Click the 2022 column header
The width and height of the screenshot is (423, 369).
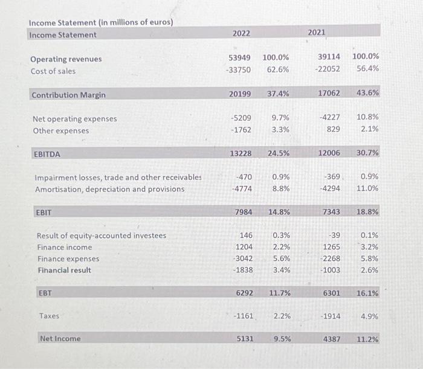pos(241,33)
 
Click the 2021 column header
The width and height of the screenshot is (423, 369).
pos(317,31)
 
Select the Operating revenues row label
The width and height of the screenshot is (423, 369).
pos(66,59)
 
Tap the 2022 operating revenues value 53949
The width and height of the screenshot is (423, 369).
pos(240,57)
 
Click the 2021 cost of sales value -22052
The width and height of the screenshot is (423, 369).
pos(327,69)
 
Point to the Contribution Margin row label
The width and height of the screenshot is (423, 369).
pos(68,95)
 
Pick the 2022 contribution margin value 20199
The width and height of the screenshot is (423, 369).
pos(240,94)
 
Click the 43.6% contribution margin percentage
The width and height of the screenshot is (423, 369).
pos(367,93)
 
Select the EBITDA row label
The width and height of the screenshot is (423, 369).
pos(47,154)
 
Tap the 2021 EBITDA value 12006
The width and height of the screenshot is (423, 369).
pos(329,153)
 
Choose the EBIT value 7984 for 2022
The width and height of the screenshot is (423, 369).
pos(242,212)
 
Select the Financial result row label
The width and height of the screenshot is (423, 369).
pos(64,270)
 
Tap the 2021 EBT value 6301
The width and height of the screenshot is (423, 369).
pos(331,293)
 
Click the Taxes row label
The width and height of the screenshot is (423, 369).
pos(49,316)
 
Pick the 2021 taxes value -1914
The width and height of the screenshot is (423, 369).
pos(330,316)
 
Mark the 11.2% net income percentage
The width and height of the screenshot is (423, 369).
pos(367,339)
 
